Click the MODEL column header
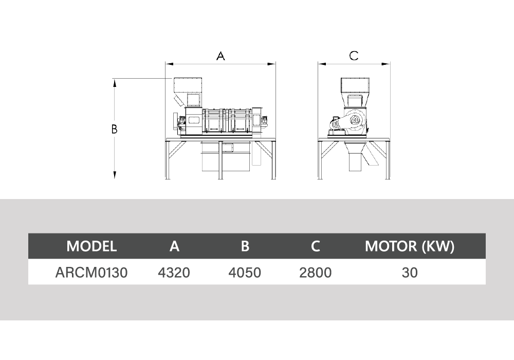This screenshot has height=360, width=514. pos(91,246)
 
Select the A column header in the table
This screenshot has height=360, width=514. pos(174,246)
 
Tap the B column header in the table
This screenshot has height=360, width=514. pos(245,246)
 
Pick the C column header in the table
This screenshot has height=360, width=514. pos(316,246)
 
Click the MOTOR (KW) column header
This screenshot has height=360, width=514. pos(410,246)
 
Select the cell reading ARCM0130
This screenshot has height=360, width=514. pos(91,273)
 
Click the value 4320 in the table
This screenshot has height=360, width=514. pos(174,273)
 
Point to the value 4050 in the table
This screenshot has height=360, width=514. pos(245,273)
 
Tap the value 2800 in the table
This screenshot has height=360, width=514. pos(316,273)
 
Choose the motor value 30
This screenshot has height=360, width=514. pos(410,273)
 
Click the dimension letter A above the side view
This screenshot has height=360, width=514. pos(221,56)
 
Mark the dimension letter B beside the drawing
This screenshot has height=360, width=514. pos(114,129)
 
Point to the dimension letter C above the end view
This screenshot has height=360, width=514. pos(354,56)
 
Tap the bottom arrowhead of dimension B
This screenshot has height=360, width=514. pos(115,175)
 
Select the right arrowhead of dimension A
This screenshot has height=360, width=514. pos(271,64)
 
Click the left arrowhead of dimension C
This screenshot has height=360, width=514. pos(322,64)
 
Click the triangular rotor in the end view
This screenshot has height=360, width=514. pos(355,120)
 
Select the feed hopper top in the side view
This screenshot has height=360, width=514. pos(188,85)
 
